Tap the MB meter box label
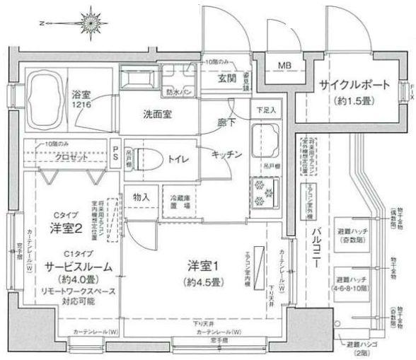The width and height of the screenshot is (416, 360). tap(283, 66)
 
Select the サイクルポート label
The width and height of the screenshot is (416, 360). tap(353, 85)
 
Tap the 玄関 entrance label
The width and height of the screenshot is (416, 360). tap(227, 79)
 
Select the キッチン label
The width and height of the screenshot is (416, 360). tap(226, 153)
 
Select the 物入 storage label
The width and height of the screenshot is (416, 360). tap(141, 196)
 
